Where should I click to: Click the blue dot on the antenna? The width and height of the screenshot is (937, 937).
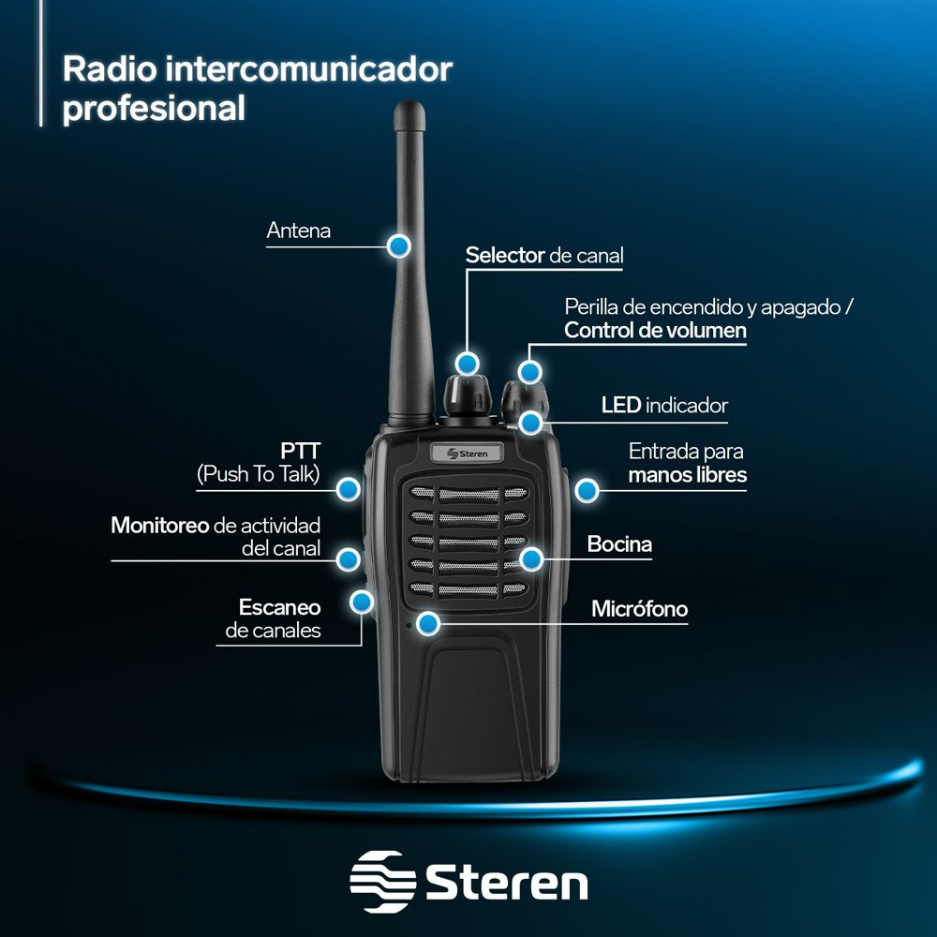pyautogui.click(x=399, y=245)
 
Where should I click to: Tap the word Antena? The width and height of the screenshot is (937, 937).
pyautogui.click(x=298, y=231)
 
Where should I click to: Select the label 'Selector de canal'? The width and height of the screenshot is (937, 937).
pyautogui.click(x=543, y=255)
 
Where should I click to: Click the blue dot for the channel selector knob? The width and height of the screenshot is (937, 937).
pyautogui.click(x=467, y=363)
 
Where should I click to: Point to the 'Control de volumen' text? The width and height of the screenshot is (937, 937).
pyautogui.click(x=655, y=330)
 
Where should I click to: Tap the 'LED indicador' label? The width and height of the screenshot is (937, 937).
pyautogui.click(x=663, y=406)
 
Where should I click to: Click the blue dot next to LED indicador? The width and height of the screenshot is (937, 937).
pyautogui.click(x=531, y=421)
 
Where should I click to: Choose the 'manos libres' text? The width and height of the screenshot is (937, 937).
pyautogui.click(x=687, y=474)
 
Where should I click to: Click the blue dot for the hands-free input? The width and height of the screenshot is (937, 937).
pyautogui.click(x=587, y=489)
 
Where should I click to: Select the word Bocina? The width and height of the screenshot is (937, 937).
pyautogui.click(x=619, y=544)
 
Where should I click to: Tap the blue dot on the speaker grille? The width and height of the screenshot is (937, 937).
pyautogui.click(x=531, y=559)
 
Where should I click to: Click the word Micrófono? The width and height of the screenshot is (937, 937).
pyautogui.click(x=639, y=609)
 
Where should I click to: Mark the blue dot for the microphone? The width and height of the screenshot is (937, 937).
pyautogui.click(x=429, y=622)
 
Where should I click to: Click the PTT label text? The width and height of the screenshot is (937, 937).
pyautogui.click(x=300, y=450)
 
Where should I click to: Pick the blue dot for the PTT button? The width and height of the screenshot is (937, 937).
pyautogui.click(x=349, y=488)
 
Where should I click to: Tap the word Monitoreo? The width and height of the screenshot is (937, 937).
pyautogui.click(x=159, y=525)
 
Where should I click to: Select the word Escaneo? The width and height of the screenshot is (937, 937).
pyautogui.click(x=279, y=606)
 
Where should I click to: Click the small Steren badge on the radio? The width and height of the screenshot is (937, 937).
pyautogui.click(x=466, y=454)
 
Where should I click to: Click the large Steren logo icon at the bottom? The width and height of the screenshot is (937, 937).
pyautogui.click(x=382, y=882)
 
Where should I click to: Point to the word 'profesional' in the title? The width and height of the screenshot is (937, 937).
pyautogui.click(x=154, y=107)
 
